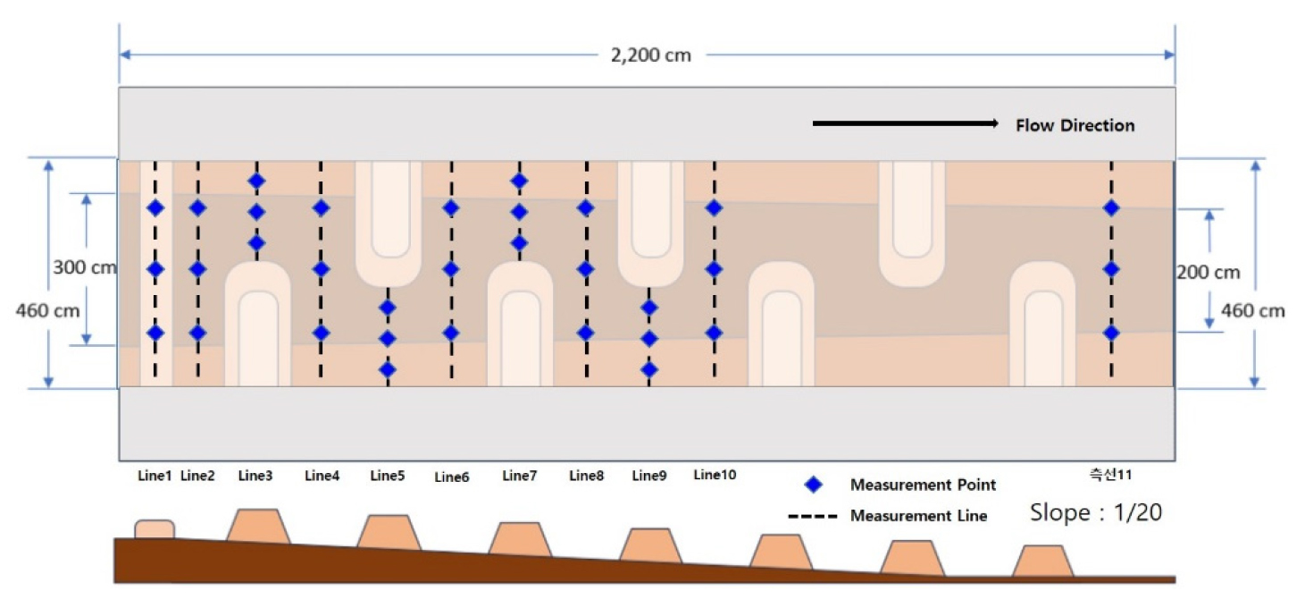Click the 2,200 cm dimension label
tap(650, 55)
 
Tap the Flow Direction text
tap(1075, 125)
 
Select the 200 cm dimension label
tap(1208, 273)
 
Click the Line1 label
tap(155, 476)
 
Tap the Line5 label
tap(388, 476)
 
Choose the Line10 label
tap(715, 475)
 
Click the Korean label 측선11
tap(1110, 475)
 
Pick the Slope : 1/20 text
tap(1096, 513)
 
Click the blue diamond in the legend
tap(813, 486)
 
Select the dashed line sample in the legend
tap(812, 516)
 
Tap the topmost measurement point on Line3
tap(256, 181)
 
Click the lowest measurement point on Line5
tap(388, 368)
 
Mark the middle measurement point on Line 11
tap(1111, 268)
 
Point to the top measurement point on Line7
tap(519, 181)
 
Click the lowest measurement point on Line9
tap(649, 368)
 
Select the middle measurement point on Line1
tap(155, 268)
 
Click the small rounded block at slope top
tap(155, 529)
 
